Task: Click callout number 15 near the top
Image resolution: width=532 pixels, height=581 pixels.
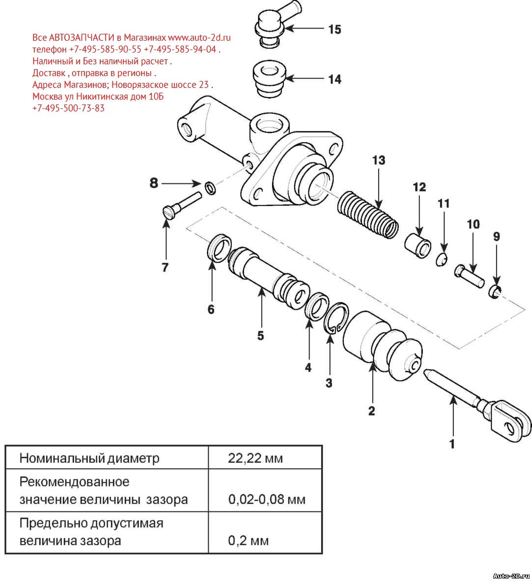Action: (x=335, y=29)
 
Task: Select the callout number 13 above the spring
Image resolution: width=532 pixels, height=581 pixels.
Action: (x=379, y=160)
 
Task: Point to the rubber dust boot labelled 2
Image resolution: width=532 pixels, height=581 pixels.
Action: (x=381, y=346)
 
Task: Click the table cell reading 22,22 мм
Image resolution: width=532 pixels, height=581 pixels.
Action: (x=255, y=459)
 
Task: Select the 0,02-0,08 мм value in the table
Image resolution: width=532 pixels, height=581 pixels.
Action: (x=267, y=500)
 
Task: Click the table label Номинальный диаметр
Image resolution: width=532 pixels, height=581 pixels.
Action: (x=89, y=459)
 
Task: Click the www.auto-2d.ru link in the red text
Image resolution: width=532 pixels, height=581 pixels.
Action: (x=199, y=37)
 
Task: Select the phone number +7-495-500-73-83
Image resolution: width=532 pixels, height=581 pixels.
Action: (x=68, y=108)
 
